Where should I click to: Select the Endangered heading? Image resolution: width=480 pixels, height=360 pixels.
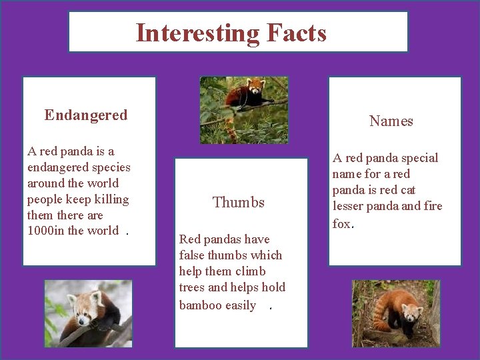click(x=86, y=115)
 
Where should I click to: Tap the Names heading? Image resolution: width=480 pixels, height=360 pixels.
click(x=391, y=121)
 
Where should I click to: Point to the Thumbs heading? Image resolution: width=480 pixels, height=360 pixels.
click(x=239, y=202)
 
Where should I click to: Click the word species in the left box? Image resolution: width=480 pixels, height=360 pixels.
click(x=109, y=167)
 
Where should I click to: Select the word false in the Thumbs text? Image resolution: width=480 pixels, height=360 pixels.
click(x=192, y=255)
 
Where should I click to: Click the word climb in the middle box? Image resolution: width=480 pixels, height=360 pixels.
click(x=251, y=271)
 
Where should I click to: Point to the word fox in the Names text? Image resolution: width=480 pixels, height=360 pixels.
click(x=341, y=223)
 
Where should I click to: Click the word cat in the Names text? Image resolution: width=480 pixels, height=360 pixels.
click(x=407, y=189)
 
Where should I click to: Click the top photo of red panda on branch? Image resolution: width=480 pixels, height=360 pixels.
click(x=244, y=110)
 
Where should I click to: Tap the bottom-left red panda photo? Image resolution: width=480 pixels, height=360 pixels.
click(x=88, y=313)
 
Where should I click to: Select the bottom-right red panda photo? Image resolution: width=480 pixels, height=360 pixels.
click(x=396, y=313)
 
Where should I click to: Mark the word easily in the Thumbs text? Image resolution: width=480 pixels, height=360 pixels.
click(x=241, y=305)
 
